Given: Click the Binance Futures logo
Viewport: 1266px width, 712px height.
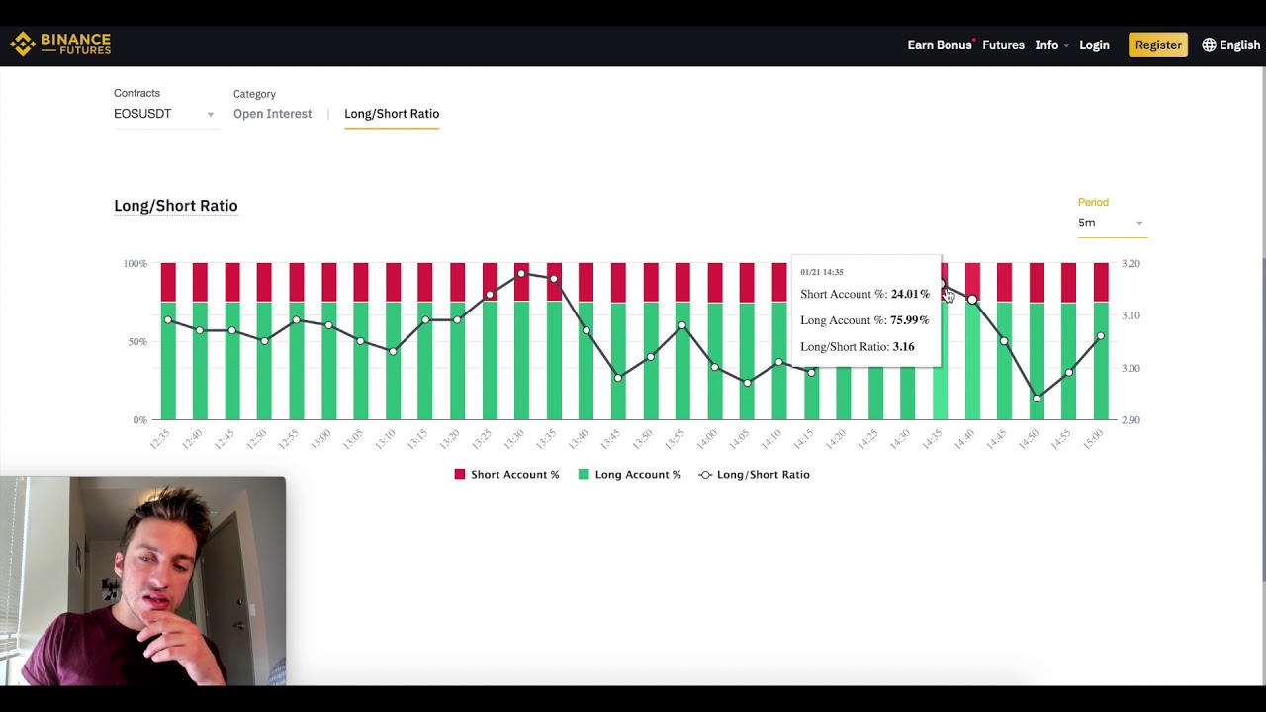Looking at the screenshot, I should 60,44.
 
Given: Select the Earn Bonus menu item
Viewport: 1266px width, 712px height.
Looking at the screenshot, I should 939,44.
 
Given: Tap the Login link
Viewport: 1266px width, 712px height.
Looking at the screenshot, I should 1094,44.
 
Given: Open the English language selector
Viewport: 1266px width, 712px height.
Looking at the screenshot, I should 1230,44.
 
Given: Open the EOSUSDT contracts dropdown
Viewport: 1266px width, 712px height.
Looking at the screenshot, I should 163,114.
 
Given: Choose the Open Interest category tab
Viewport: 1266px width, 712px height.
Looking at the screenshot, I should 272,114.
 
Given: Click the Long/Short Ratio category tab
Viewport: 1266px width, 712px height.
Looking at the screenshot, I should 392,114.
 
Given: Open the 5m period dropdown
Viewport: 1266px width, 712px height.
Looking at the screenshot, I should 1110,223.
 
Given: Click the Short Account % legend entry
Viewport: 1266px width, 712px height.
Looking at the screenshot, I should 506,475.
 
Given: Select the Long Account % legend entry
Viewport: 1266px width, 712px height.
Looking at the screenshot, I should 629,475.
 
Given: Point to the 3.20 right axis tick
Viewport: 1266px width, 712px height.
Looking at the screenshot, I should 1130,264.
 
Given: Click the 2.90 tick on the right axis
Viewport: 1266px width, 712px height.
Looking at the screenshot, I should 1130,420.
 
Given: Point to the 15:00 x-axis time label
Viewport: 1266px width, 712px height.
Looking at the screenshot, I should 1093,440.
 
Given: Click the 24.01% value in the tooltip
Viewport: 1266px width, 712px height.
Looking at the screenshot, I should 910,294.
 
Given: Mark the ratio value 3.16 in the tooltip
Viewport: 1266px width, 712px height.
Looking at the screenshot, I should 903,347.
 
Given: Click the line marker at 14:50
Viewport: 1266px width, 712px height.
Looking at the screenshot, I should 1037,399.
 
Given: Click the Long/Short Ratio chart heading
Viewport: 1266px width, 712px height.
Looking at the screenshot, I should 175,206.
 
